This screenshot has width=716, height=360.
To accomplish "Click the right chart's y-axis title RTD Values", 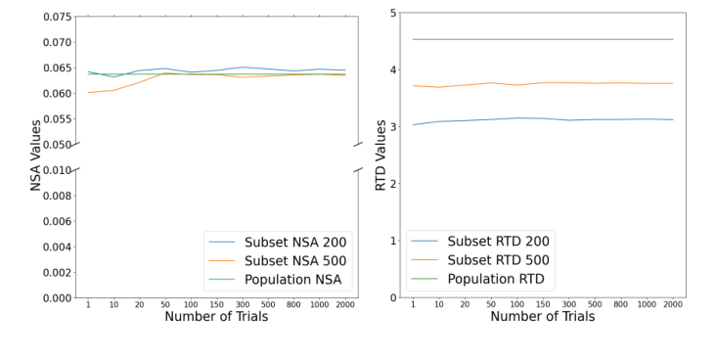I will [x=380, y=155].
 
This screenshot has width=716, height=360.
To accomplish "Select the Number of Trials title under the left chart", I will [x=217, y=317].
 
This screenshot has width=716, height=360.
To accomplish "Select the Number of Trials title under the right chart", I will [x=542, y=317].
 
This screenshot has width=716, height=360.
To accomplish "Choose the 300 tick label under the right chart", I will [x=568, y=305].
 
